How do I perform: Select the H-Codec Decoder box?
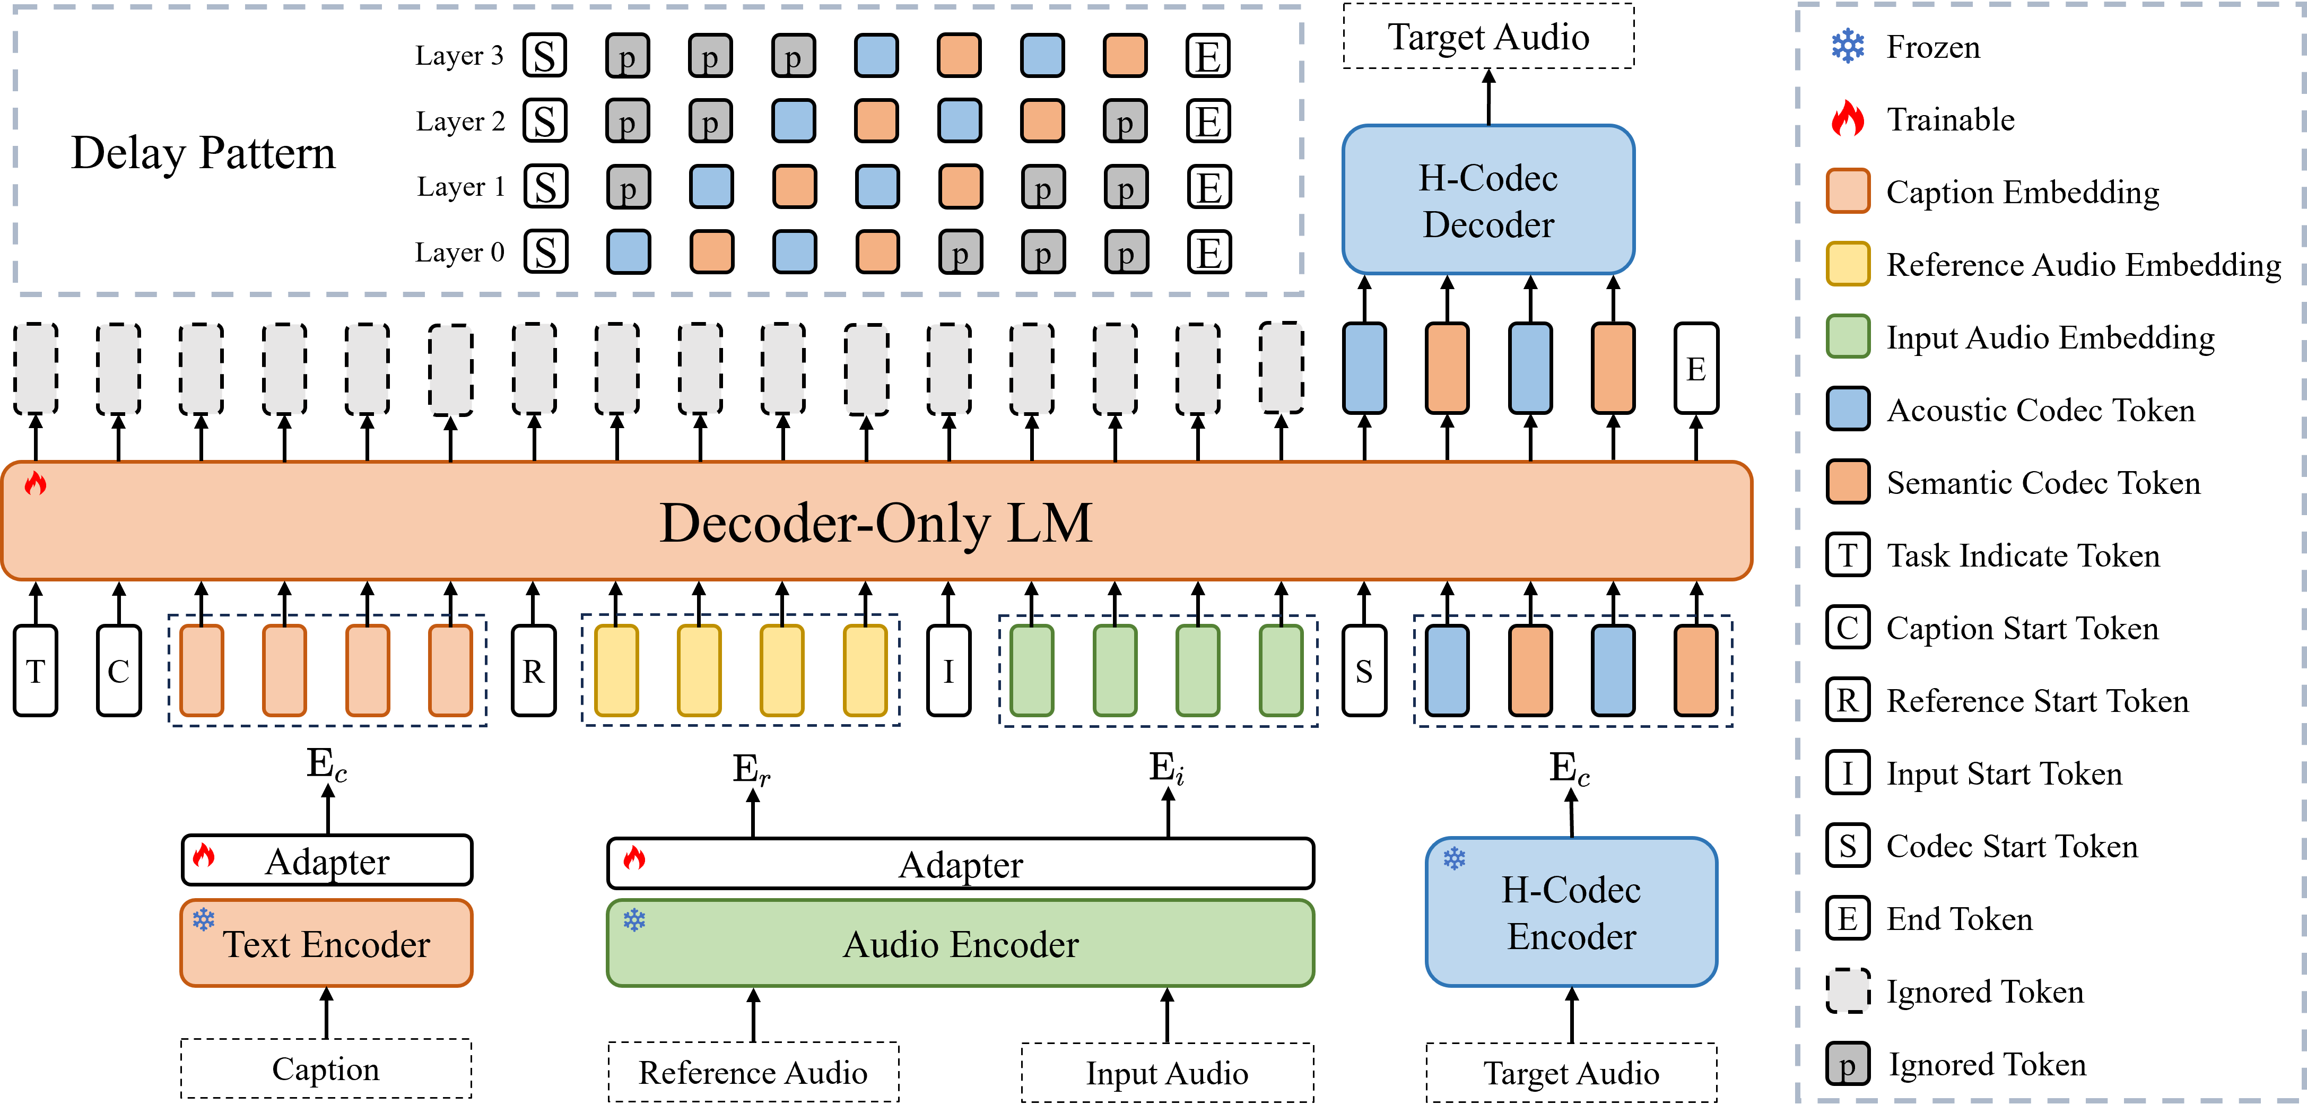[x=1487, y=199]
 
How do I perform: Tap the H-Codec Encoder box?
[x=1571, y=912]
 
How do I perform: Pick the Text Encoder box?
[x=326, y=944]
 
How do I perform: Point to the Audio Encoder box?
[x=960, y=944]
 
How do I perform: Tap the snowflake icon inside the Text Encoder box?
[x=203, y=919]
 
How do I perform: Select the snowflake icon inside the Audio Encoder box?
[x=634, y=919]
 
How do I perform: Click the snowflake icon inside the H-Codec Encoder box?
[x=1453, y=859]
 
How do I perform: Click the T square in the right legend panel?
[x=1847, y=554]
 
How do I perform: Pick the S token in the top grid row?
[x=544, y=56]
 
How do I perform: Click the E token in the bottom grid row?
[x=1208, y=253]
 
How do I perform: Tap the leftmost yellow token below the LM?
[x=616, y=671]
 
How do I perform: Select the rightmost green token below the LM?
[x=1281, y=671]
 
